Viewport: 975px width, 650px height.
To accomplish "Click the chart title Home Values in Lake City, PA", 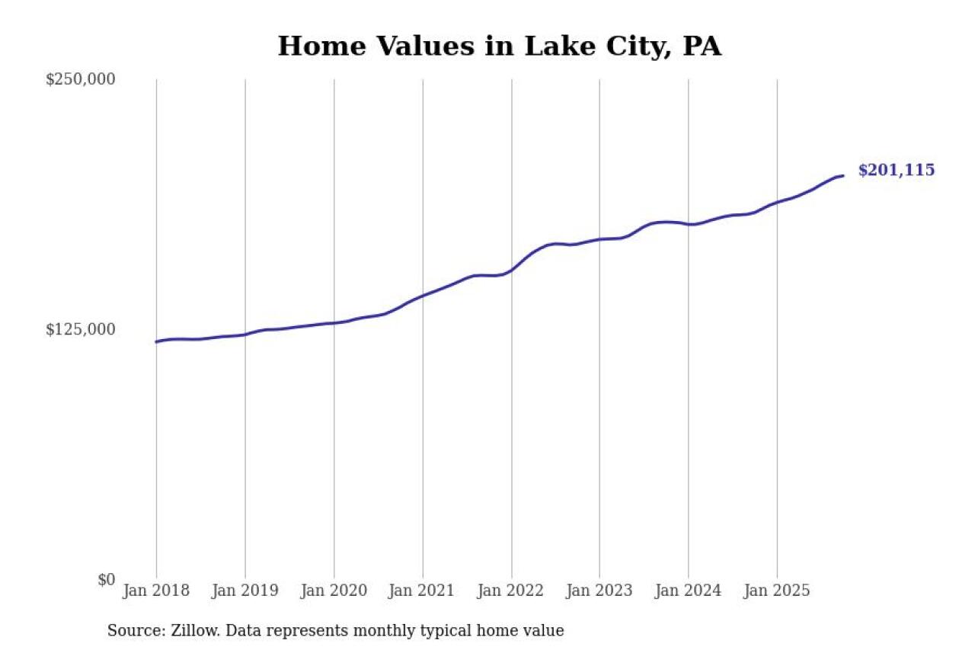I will coord(499,46).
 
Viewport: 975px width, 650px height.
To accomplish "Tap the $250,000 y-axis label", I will coord(81,79).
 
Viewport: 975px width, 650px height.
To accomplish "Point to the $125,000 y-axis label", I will coord(81,329).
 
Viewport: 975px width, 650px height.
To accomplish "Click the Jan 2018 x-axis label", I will coord(156,591).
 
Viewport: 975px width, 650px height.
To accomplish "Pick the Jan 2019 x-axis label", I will coord(245,591).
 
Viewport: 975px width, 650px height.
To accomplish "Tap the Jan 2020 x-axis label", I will coord(334,591).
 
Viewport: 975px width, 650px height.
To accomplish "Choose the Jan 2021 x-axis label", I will coord(423,591).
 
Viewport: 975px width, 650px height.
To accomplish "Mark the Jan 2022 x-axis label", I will coord(511,591).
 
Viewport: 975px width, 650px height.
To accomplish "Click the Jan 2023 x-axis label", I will coord(599,591).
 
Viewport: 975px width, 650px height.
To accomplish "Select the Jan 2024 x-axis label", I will coord(689,591).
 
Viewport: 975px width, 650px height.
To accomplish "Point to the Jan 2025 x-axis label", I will coord(777,591).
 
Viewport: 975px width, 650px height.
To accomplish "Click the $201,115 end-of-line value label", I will coord(896,171).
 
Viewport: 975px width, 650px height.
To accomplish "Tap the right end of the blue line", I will coord(842,176).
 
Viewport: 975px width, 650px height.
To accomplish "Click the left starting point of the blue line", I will coord(156,341).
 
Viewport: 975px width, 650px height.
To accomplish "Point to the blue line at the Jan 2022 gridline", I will coord(511,270).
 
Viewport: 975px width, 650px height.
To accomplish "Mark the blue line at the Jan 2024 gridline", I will coord(689,224).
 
